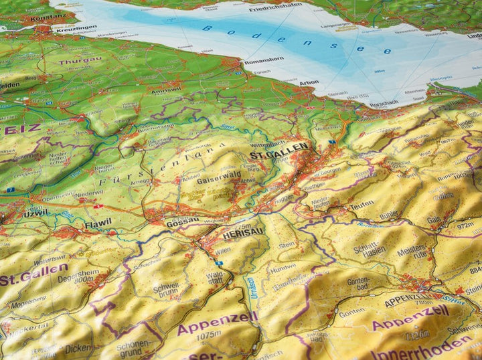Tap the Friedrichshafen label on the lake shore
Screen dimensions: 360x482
click(x=276, y=9)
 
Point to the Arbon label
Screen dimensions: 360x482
click(x=309, y=82)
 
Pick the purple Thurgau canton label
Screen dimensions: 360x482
click(x=80, y=61)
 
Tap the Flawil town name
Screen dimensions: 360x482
click(x=98, y=224)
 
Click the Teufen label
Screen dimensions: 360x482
click(x=362, y=205)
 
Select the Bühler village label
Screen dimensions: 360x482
click(x=388, y=215)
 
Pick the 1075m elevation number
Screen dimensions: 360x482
click(x=208, y=335)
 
